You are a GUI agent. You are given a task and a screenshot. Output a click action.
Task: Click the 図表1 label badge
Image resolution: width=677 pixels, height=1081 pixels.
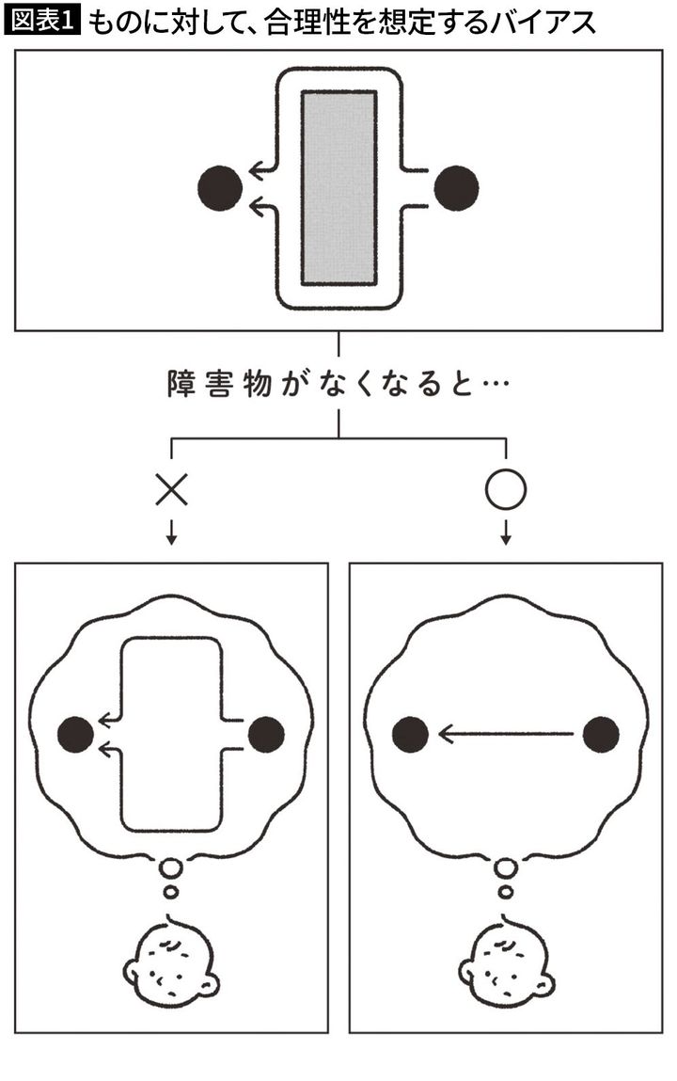(44, 20)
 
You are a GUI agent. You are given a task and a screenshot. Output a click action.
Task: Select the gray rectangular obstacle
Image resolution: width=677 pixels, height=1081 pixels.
(339, 188)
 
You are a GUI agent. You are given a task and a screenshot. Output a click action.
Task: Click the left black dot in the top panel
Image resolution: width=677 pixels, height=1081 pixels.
(220, 188)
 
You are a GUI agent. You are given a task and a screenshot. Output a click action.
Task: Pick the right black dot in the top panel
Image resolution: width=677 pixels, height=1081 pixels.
(457, 188)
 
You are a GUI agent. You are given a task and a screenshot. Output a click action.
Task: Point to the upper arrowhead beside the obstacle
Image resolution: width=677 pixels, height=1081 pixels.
(256, 171)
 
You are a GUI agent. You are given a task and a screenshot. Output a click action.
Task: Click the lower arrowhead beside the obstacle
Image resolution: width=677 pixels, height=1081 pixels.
(256, 206)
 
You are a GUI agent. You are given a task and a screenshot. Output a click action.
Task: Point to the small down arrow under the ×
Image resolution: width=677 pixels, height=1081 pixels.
(172, 535)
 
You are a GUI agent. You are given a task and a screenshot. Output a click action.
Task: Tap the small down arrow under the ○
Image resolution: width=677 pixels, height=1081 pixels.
(506, 535)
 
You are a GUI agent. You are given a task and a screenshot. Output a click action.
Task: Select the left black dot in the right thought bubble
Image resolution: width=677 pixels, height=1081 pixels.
(411, 734)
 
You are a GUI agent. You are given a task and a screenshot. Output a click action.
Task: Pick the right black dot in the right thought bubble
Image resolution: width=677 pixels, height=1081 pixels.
(602, 734)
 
